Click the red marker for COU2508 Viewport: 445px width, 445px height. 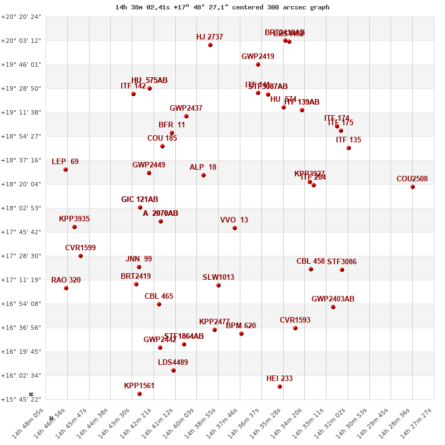point(413,187)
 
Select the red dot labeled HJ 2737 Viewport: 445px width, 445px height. point(210,45)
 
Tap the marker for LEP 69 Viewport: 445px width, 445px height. point(66,170)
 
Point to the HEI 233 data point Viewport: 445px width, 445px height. point(280,387)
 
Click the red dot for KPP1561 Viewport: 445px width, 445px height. point(140,394)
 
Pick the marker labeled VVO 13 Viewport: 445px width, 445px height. point(235,228)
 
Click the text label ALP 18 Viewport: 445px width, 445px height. point(203,167)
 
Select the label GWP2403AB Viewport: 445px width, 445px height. point(333,299)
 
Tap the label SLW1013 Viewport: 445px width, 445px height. point(218,278)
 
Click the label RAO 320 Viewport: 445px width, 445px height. point(66,280)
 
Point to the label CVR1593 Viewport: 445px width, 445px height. point(295,320)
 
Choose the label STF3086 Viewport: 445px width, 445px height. point(342,262)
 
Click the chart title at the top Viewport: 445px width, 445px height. point(222,7)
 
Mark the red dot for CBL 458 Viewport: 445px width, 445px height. point(311,269)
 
